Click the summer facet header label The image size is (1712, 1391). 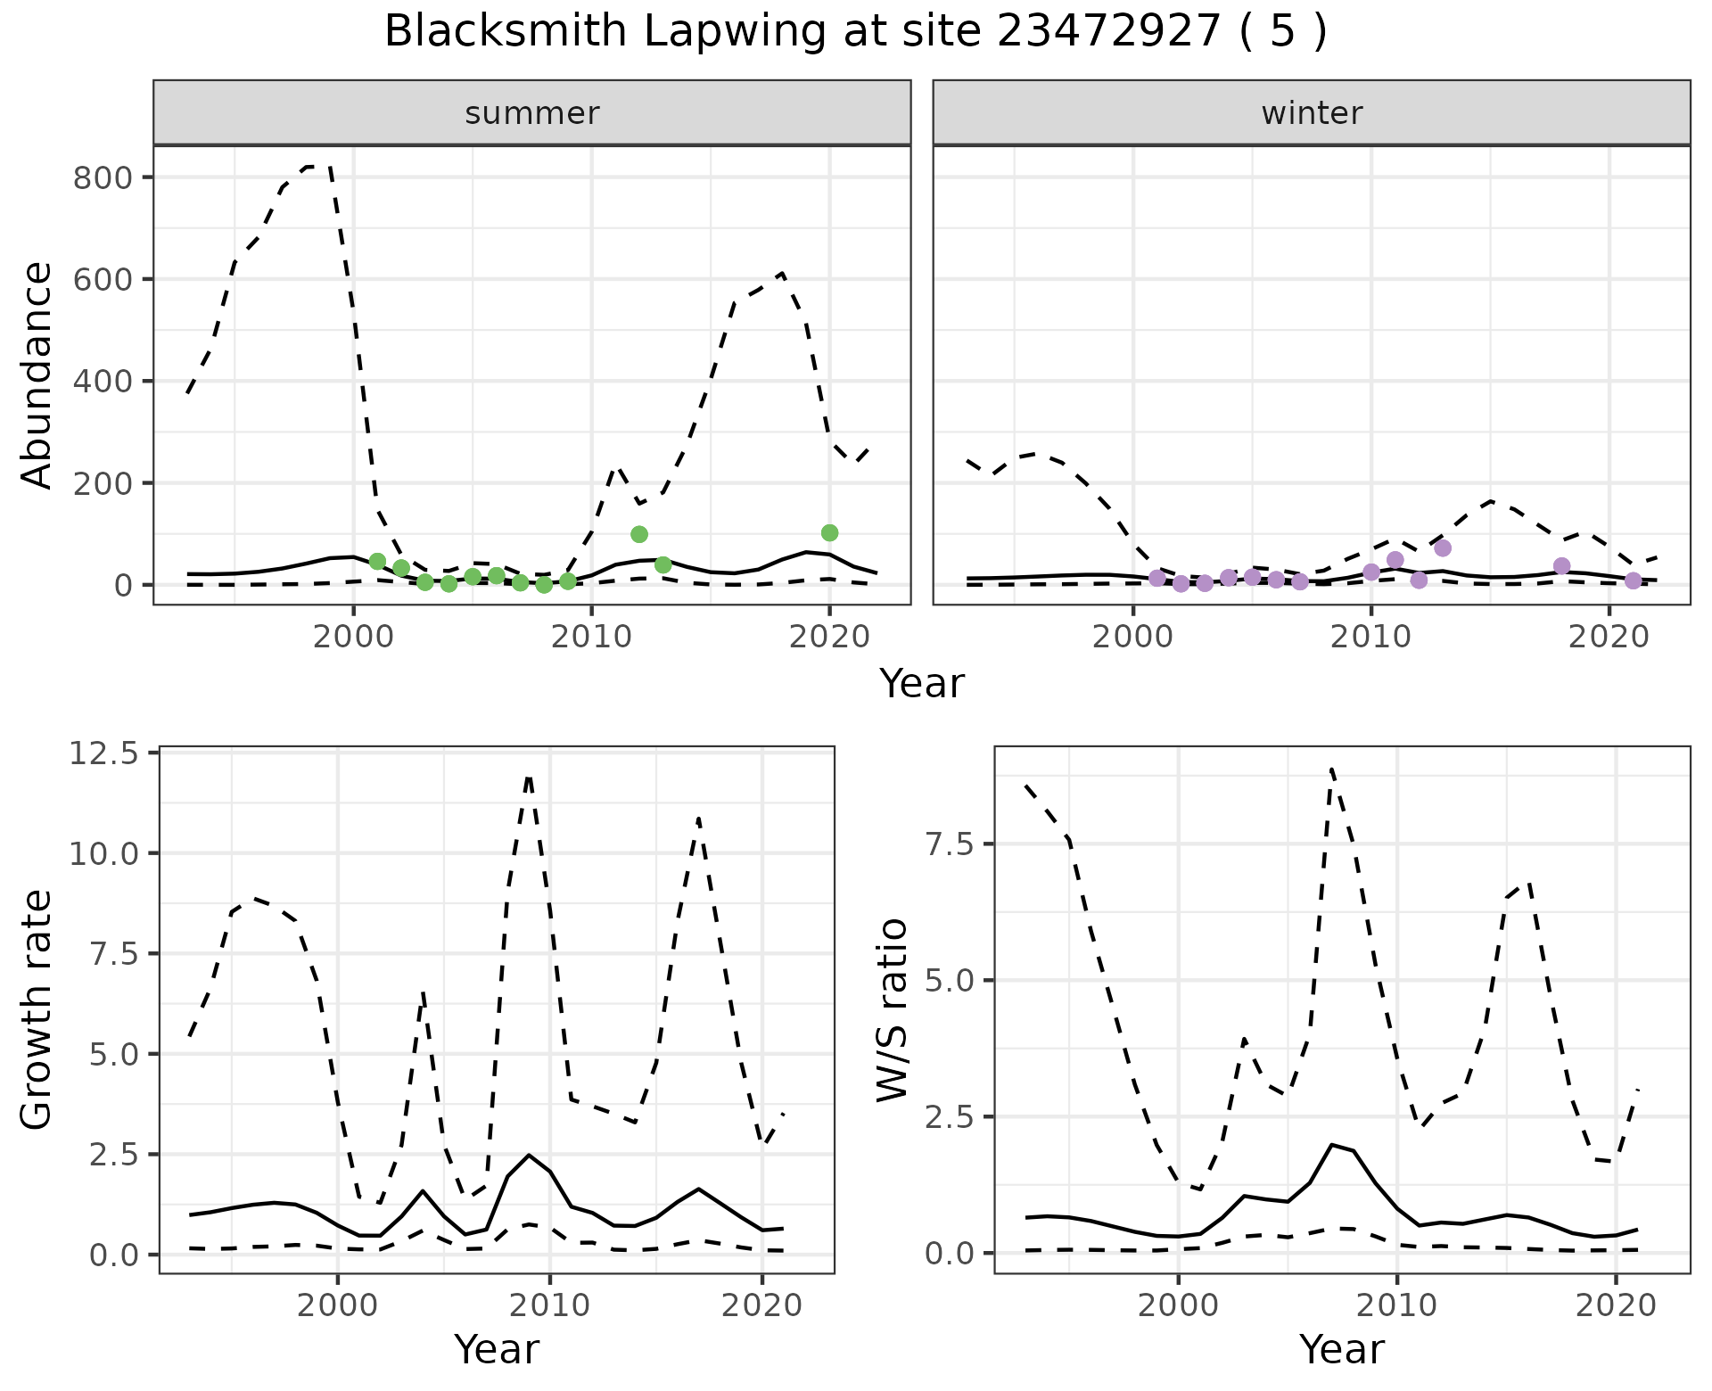point(532,113)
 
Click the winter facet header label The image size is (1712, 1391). point(1312,113)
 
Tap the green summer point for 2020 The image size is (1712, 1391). point(829,533)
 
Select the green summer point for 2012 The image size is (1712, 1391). point(639,534)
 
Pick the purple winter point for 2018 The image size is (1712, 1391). point(1561,566)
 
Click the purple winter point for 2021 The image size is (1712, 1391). point(1633,581)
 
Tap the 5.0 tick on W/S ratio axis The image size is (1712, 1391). point(951,981)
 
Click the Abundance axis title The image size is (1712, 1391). point(37,375)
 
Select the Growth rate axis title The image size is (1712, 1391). point(37,1010)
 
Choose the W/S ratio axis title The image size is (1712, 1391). point(892,1010)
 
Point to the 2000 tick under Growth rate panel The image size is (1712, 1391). point(338,1306)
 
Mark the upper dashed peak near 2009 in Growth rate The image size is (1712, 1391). point(529,778)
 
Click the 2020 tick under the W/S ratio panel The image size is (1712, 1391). point(1617,1306)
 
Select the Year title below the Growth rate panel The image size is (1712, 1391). point(497,1350)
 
